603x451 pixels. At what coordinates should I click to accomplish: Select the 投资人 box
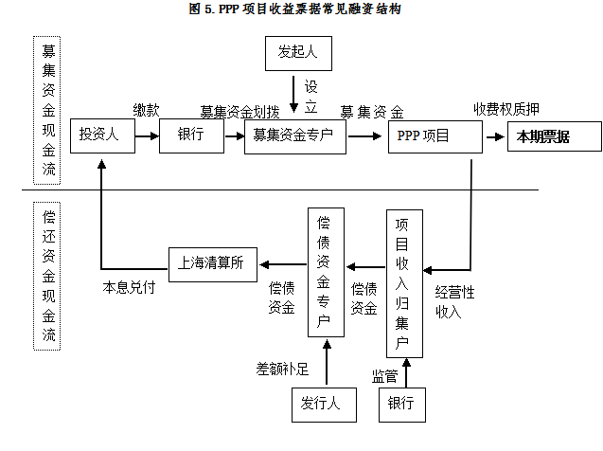[98, 135]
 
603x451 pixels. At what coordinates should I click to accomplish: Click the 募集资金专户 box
[293, 135]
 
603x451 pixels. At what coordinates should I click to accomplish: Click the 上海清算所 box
[211, 262]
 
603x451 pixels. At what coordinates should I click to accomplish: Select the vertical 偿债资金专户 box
[324, 271]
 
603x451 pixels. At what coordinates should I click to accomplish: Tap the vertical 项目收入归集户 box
[402, 282]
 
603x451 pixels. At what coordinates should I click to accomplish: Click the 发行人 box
[321, 404]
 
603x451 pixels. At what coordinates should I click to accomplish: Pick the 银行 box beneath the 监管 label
[401, 404]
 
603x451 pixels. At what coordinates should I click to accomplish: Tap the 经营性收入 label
[454, 301]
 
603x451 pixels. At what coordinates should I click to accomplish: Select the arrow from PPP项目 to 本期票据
[495, 136]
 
